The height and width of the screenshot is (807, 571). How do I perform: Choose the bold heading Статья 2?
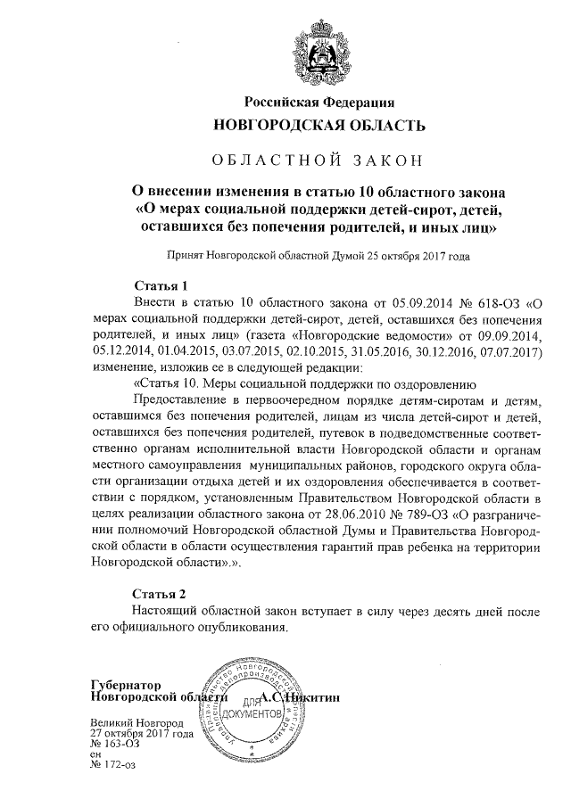click(159, 593)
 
